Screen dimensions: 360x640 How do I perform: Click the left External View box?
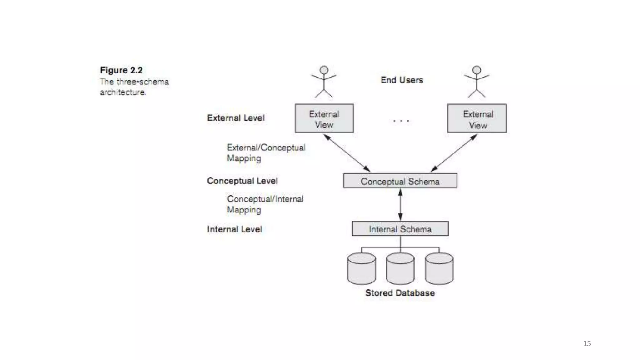point(324,118)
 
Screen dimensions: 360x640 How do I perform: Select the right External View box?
point(477,118)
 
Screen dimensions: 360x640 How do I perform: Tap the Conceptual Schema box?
point(400,181)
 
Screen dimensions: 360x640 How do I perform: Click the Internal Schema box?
point(400,229)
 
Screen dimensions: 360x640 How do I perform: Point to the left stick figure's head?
point(324,70)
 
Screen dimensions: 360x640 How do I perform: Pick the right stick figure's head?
point(477,70)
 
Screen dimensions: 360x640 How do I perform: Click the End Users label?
point(402,80)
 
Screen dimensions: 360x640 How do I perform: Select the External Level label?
point(236,118)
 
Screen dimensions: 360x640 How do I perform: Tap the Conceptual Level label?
point(242,181)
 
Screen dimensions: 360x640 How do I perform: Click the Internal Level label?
point(234,229)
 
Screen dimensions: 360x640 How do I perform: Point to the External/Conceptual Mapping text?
point(266,153)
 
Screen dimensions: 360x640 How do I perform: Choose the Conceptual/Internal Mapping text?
point(265,204)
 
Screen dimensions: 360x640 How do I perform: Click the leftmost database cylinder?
point(362,269)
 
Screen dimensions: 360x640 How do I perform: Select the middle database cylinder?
point(400,269)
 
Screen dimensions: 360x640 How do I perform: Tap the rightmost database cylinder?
point(439,269)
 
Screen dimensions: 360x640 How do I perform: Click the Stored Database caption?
point(400,293)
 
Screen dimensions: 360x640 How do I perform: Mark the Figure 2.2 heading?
point(121,70)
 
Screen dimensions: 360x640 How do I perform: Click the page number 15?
point(587,343)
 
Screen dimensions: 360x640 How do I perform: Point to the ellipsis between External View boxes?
point(401,121)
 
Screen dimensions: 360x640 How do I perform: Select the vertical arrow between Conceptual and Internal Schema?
point(400,205)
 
